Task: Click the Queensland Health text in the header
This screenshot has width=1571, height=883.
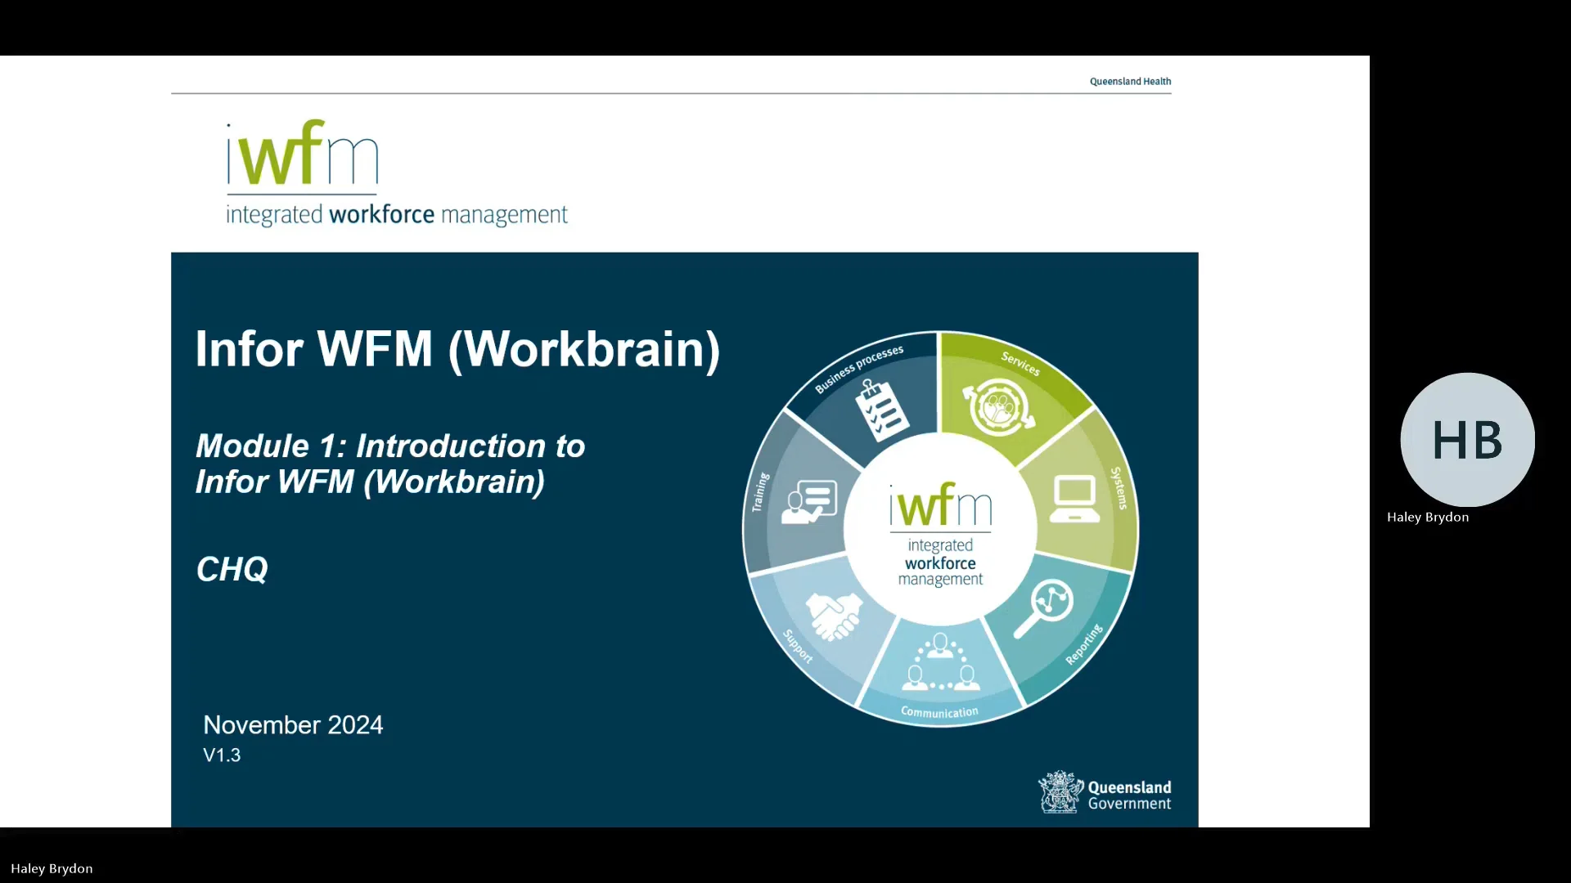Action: pyautogui.click(x=1130, y=82)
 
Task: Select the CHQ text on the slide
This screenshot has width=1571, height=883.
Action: pyautogui.click(x=232, y=569)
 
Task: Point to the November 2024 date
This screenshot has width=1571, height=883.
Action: pyautogui.click(x=293, y=725)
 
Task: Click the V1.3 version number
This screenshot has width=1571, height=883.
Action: pyautogui.click(x=222, y=755)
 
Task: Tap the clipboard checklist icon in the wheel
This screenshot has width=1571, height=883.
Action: pyautogui.click(x=880, y=411)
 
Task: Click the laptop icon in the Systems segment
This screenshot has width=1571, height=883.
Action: pyautogui.click(x=1074, y=498)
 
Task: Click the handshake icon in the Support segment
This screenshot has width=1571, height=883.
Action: pyautogui.click(x=834, y=616)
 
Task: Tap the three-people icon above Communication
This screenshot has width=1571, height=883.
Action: pyautogui.click(x=941, y=663)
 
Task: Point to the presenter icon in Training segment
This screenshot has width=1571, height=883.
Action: pyautogui.click(x=809, y=501)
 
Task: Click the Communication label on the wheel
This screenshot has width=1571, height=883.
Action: pyautogui.click(x=939, y=712)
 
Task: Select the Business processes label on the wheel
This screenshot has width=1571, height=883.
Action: pyautogui.click(x=858, y=369)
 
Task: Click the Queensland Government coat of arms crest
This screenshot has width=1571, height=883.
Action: pyautogui.click(x=1060, y=792)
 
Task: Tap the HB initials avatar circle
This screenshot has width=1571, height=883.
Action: pyautogui.click(x=1467, y=440)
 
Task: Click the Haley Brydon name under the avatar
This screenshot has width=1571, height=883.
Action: pyautogui.click(x=1428, y=518)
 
